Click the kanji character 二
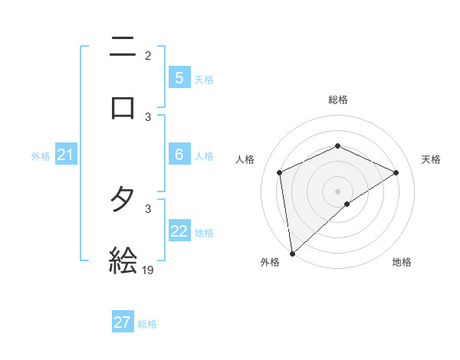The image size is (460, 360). (x=123, y=47)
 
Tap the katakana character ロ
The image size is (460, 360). (x=123, y=107)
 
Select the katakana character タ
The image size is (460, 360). (x=123, y=201)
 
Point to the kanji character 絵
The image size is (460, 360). (x=123, y=260)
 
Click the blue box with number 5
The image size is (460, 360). (x=179, y=77)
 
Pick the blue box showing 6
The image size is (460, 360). (x=179, y=154)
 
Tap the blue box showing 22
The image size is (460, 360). (x=179, y=231)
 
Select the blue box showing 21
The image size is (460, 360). (x=65, y=155)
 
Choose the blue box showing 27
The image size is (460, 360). (x=123, y=322)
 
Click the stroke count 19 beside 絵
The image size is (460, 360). (x=148, y=270)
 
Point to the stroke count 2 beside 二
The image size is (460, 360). (x=148, y=55)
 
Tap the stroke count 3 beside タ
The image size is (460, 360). (x=148, y=208)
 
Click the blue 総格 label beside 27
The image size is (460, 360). (x=147, y=324)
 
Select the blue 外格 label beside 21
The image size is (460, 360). (x=41, y=156)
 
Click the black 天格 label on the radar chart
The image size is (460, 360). (x=431, y=159)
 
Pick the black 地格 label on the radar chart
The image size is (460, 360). (x=402, y=262)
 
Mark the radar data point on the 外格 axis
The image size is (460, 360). (x=291, y=253)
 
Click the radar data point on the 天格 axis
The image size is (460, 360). (x=396, y=172)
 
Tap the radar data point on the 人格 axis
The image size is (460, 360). (x=280, y=172)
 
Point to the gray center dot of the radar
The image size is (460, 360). (x=338, y=191)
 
